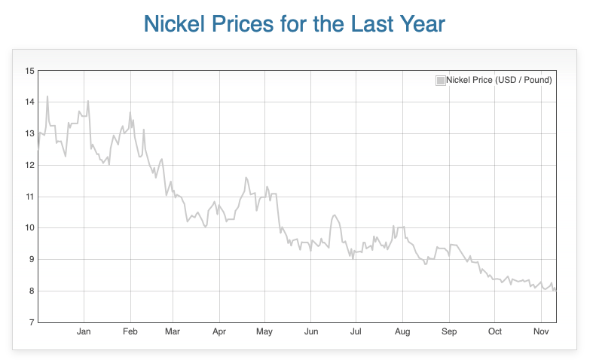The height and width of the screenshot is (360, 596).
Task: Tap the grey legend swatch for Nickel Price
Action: [440, 80]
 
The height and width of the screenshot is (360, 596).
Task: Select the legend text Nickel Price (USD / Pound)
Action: [499, 80]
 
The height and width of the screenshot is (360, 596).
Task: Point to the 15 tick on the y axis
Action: [30, 71]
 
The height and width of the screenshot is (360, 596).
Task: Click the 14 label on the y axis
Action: [30, 102]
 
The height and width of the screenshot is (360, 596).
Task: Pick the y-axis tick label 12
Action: [30, 165]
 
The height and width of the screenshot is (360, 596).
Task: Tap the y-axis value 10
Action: [30, 228]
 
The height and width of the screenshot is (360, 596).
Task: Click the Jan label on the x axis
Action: [84, 332]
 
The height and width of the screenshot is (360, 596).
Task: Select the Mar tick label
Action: [173, 332]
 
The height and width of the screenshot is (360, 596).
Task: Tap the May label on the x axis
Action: [264, 332]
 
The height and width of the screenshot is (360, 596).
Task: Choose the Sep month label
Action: [449, 332]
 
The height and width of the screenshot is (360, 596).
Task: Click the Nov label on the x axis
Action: [541, 332]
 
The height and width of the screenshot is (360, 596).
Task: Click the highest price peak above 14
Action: [47, 96]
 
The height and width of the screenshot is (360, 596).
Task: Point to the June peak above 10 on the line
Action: [334, 215]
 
